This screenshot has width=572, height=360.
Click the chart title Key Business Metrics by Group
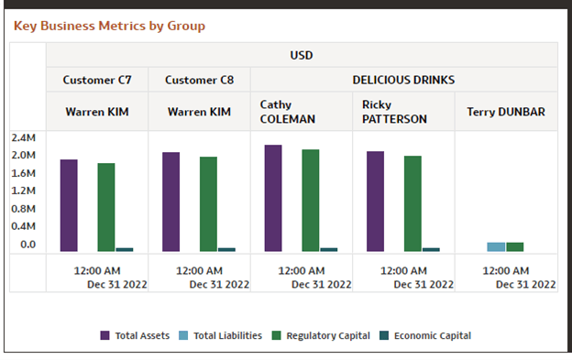click(x=109, y=26)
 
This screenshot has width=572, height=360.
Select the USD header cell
click(x=302, y=55)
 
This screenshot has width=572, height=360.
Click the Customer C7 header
click(x=97, y=81)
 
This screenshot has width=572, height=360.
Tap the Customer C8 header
click(x=199, y=81)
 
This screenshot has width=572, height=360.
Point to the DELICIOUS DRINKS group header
click(x=403, y=81)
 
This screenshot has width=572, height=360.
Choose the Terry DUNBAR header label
click(x=505, y=112)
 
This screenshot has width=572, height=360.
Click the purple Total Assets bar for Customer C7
click(x=69, y=206)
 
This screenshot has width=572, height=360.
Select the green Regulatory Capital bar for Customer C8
click(x=208, y=204)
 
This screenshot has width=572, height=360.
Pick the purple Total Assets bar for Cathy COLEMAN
click(x=273, y=199)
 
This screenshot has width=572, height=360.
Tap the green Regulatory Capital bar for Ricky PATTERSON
click(x=412, y=203)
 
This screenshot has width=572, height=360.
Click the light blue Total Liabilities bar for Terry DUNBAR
click(x=496, y=246)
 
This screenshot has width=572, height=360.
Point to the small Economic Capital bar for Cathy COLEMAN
click(x=328, y=249)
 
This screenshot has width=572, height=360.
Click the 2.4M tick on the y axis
click(x=23, y=138)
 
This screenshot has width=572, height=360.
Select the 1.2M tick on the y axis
click(x=23, y=191)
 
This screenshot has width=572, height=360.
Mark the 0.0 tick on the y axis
click(x=27, y=245)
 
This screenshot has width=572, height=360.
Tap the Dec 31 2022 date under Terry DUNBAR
click(x=525, y=285)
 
